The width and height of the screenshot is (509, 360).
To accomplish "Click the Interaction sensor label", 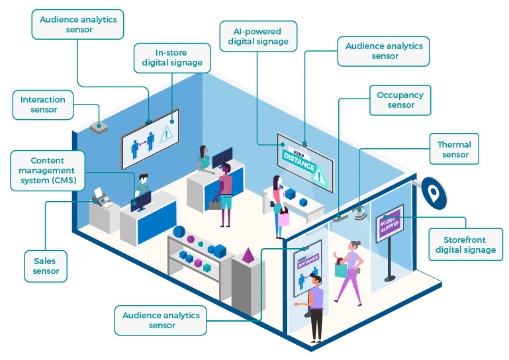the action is tap(43, 105).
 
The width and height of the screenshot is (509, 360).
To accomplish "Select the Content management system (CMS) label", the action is tap(48, 171).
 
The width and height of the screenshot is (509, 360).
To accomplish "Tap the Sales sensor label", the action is tap(46, 266).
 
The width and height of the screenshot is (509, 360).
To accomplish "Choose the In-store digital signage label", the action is tap(172, 58).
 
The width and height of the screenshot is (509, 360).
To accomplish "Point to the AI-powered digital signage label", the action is tap(258, 36).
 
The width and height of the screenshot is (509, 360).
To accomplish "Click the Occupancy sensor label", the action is tap(400, 101).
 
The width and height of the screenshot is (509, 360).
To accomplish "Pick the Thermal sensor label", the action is tap(454, 149).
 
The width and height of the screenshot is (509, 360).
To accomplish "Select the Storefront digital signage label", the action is tap(466, 245).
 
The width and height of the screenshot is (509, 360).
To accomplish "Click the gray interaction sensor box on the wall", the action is tap(99, 128).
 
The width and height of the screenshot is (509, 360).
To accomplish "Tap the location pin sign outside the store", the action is tap(434, 193).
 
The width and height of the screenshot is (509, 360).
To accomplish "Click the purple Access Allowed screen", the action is tap(390, 224).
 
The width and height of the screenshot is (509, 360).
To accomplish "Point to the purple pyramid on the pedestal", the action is tap(248, 255).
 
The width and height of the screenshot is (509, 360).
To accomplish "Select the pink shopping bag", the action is tap(283, 217).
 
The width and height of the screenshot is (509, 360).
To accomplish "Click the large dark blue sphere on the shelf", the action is tap(179, 232).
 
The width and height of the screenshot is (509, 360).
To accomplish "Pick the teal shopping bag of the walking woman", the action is tap(340, 269).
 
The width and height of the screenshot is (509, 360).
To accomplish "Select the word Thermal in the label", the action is tap(454, 144).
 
